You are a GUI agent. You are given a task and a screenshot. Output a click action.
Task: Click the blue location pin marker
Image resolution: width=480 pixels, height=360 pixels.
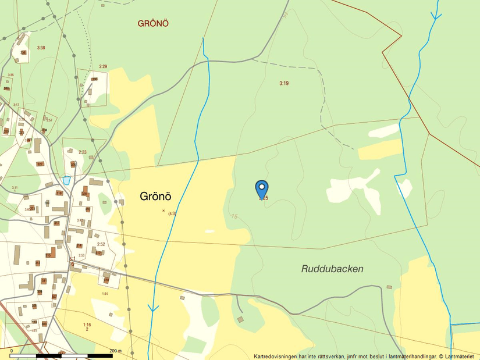262,189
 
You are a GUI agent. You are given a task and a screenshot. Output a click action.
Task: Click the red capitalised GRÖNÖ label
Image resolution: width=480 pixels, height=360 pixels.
154,24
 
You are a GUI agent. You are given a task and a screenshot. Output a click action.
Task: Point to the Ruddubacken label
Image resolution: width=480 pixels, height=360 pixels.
332,269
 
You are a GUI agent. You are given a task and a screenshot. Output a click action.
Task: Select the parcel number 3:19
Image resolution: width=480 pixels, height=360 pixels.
284,83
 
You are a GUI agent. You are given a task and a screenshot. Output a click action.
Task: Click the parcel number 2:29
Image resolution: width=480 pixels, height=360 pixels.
103,67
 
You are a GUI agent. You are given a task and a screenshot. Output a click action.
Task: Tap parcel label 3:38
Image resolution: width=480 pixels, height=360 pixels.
41,48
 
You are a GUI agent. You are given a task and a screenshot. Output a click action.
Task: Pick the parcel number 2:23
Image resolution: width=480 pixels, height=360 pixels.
83,152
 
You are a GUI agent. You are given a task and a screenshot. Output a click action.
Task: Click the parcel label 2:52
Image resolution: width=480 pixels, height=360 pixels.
101,245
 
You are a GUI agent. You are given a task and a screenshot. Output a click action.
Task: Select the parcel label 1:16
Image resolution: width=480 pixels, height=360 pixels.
87,325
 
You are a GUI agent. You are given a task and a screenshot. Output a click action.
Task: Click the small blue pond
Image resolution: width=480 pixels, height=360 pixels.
66,180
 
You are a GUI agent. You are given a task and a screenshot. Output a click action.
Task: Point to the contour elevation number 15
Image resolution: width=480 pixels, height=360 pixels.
234,216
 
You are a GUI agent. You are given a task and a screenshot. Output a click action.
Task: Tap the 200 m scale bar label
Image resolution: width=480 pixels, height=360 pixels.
115,351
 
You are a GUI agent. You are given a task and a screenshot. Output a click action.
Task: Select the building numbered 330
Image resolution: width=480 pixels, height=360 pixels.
94,79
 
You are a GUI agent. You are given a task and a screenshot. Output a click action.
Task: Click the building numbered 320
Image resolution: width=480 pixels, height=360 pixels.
84,194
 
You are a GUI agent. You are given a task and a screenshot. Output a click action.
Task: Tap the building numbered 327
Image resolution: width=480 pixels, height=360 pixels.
40,164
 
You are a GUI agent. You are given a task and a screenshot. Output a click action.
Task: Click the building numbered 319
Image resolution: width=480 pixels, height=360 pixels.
59,193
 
